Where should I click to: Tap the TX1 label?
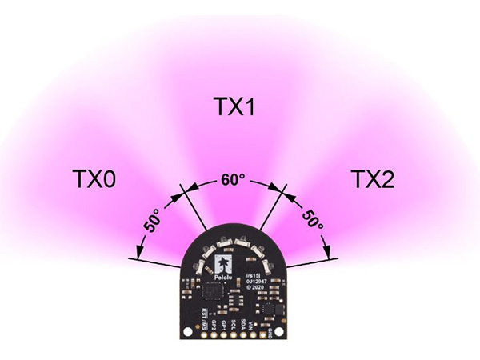pyautogui.click(x=234, y=106)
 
